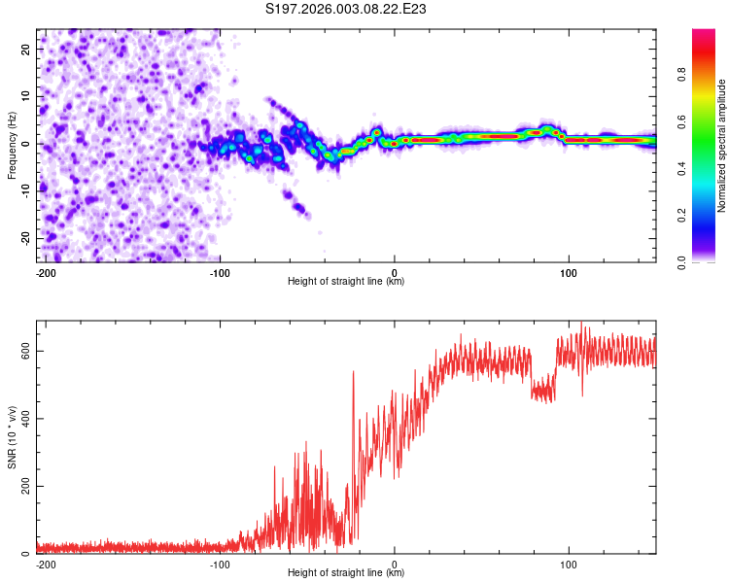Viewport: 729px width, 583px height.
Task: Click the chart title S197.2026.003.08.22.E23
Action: click(347, 10)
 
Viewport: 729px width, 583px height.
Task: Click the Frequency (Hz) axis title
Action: click(12, 144)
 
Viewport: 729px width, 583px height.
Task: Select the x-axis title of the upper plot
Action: click(346, 282)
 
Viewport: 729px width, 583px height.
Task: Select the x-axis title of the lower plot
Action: click(346, 573)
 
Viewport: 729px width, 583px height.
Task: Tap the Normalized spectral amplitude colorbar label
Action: click(722, 146)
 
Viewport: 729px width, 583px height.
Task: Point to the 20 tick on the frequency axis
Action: click(27, 49)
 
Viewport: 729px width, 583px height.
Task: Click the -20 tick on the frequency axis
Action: click(25, 238)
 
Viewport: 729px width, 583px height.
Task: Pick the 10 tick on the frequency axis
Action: click(27, 96)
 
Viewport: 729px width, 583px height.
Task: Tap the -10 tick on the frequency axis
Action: click(25, 190)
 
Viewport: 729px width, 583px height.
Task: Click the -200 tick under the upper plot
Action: click(45, 271)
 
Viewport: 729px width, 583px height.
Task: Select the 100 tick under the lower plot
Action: click(569, 563)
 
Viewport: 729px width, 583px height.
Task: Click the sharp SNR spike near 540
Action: click(354, 372)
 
